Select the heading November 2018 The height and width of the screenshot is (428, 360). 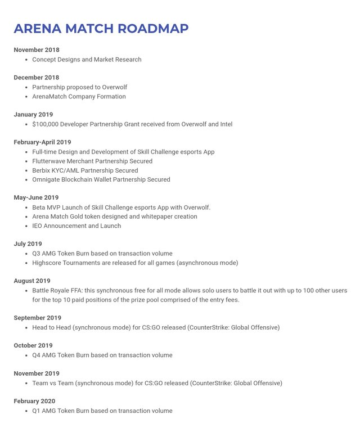(37, 50)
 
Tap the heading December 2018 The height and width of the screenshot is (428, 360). (37, 78)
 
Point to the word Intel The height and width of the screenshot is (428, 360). (224, 124)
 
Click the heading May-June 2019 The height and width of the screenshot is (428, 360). (36, 198)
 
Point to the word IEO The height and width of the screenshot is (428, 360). (38, 226)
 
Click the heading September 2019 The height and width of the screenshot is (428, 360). (38, 318)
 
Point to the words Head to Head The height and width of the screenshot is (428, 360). (52, 327)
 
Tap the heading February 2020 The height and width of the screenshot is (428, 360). (35, 402)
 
